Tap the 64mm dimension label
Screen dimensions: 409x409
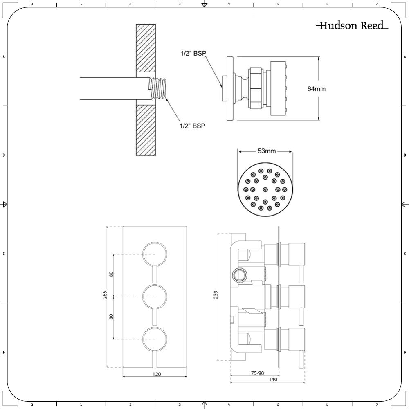pyautogui.click(x=316, y=89)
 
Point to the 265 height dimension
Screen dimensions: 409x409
pyautogui.click(x=105, y=295)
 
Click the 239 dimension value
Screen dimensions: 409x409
pyautogui.click(x=216, y=295)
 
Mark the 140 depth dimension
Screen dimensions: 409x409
pyautogui.click(x=273, y=380)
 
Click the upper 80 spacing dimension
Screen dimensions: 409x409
pyautogui.click(x=111, y=274)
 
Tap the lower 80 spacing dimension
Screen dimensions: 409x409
pyautogui.click(x=111, y=317)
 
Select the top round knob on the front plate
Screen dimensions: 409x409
pyautogui.click(x=155, y=254)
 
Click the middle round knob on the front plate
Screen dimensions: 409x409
pyautogui.click(x=155, y=297)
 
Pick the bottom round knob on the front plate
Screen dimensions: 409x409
pyautogui.click(x=155, y=339)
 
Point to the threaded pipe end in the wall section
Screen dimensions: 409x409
pyautogui.click(x=160, y=88)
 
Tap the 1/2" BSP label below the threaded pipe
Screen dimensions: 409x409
pyautogui.click(x=192, y=126)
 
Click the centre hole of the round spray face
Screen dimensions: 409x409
pyautogui.click(x=265, y=189)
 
